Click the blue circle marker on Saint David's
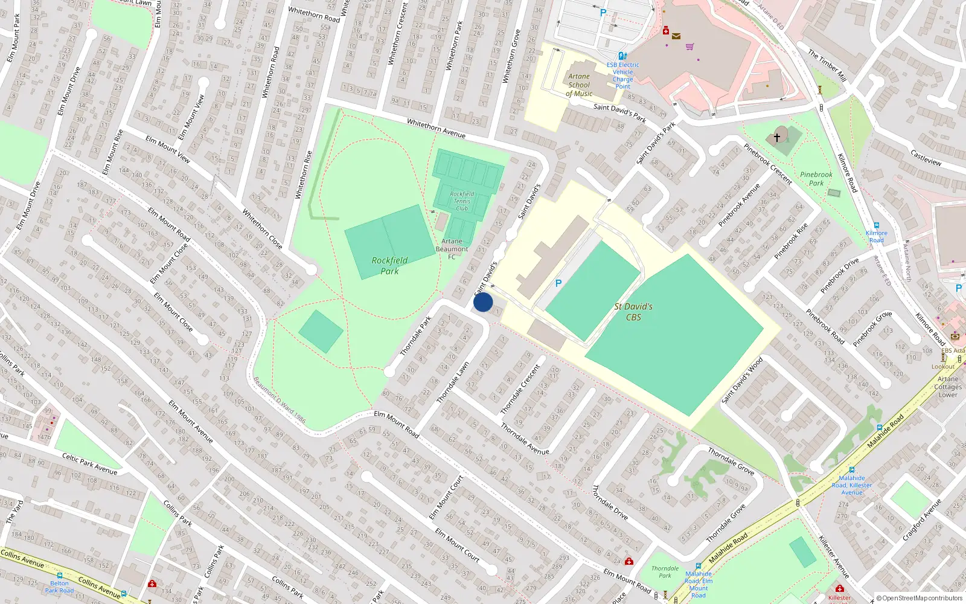pos(483,302)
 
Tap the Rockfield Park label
pos(389,266)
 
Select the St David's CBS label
pos(633,312)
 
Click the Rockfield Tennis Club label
pos(462,201)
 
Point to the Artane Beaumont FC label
pos(452,249)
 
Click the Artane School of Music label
pos(579,85)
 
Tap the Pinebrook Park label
pos(816,179)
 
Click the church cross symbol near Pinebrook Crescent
pos(777,137)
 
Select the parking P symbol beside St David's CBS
pos(558,283)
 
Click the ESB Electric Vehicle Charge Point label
pos(623,75)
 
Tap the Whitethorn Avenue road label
pos(436,128)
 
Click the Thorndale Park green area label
pos(665,572)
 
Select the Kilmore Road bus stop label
pos(877,236)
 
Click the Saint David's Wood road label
pos(743,380)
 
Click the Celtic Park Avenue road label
pos(89,464)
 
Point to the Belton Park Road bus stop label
pos(59,586)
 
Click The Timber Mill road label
pos(827,65)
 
